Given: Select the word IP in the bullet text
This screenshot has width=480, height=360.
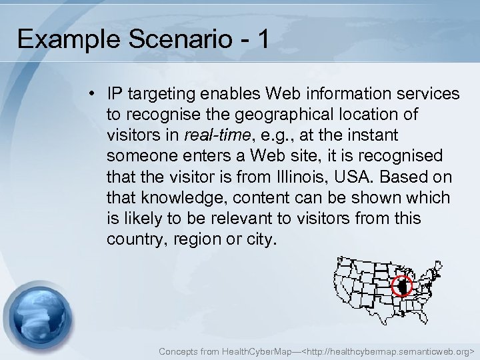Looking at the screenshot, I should tap(114, 94).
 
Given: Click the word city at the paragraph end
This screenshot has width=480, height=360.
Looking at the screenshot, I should tap(257, 239).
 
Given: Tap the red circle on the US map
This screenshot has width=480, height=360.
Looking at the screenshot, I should tap(401, 286).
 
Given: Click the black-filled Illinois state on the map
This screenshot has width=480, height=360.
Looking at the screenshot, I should tap(401, 286).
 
